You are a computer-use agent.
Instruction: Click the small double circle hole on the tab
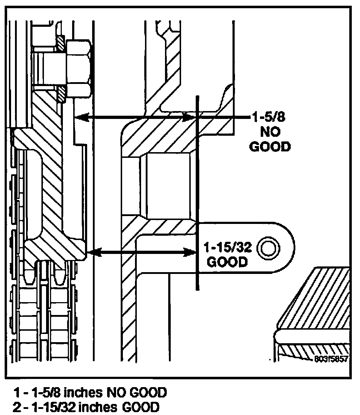(x=268, y=247)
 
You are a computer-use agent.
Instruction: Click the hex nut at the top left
(x=78, y=70)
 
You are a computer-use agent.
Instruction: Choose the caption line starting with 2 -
(x=85, y=407)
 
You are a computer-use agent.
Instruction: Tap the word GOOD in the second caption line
(x=141, y=407)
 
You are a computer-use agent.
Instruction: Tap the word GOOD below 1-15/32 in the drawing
(x=227, y=262)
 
